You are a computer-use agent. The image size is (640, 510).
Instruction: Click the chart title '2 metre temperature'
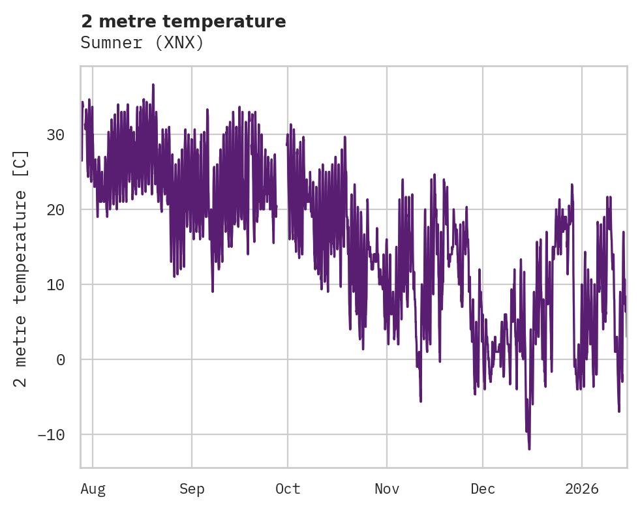tap(183, 22)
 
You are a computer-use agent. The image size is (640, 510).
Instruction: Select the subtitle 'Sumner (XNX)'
tap(142, 43)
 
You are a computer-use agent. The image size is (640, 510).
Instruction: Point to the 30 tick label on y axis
tap(56, 135)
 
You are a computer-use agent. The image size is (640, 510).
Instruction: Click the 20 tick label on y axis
tap(56, 210)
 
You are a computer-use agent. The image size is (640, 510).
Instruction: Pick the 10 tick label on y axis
tap(56, 284)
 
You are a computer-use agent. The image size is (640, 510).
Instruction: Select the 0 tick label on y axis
tap(61, 359)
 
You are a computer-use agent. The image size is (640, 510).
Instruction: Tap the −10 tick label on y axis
tap(52, 434)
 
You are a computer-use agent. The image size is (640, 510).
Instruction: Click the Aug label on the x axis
tap(93, 489)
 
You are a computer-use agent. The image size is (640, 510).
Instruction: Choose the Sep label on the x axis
tap(192, 489)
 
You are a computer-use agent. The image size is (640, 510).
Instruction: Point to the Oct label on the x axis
tap(288, 489)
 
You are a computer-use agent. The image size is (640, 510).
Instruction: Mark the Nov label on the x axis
tap(387, 489)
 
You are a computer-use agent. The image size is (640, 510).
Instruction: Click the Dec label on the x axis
tap(483, 489)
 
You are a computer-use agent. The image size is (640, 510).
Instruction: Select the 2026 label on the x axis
tap(581, 489)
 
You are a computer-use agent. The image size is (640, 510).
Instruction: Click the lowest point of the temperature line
tap(529, 449)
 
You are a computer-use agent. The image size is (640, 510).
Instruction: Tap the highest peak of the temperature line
tap(153, 84)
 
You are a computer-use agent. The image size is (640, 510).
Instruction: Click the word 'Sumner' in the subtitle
tap(108, 43)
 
